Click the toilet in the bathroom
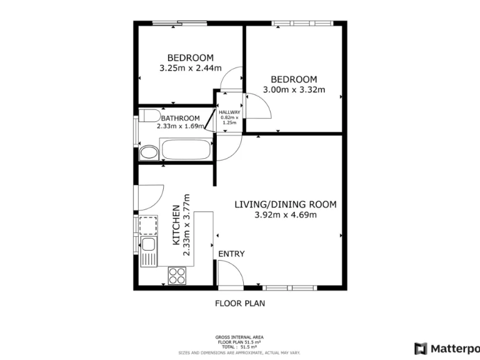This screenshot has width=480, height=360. pos(149,116)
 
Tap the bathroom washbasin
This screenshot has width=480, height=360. pos(149,153)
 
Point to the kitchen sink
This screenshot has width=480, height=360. pos(148,251)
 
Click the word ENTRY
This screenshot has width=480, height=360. pos(231,254)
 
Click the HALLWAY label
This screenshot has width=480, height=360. pos(229,112)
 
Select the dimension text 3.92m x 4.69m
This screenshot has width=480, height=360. pos(286,215)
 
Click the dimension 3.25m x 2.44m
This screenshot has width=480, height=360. pos(190,68)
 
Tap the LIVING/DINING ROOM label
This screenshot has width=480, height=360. pos(286,204)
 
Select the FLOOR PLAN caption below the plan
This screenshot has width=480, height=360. pos(240,304)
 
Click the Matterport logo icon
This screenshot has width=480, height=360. pos(421,348)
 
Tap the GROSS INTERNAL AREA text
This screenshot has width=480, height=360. pos(240,336)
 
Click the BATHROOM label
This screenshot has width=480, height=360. pos(181,118)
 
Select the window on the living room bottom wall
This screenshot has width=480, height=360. pos(290,288)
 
